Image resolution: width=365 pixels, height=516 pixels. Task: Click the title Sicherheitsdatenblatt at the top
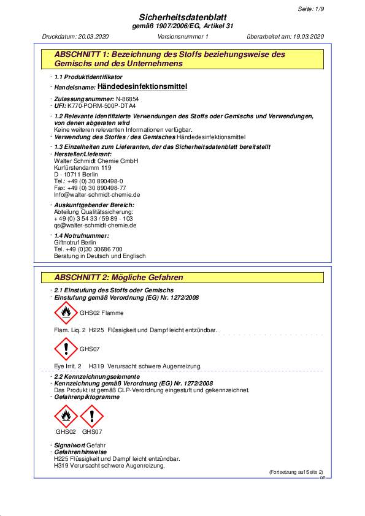coord(182,18)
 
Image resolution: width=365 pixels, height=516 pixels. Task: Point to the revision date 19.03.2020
coord(305,37)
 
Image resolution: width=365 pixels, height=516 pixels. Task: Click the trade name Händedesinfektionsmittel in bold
coord(142,87)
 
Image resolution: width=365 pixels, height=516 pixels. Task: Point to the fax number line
coord(82,188)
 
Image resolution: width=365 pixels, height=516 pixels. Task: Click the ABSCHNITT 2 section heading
coord(119,278)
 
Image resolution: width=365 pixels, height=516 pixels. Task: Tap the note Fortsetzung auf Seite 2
coord(296,472)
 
